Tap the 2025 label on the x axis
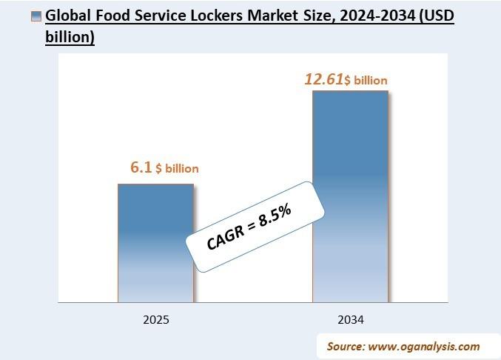pos(156,320)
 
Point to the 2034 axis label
pos(350,320)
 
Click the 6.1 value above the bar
pos(141,168)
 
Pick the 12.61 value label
pos(324,79)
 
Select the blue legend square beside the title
pos(36,16)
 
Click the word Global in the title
pos(68,16)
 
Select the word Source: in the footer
pos(347,346)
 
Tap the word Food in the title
pos(112,16)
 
